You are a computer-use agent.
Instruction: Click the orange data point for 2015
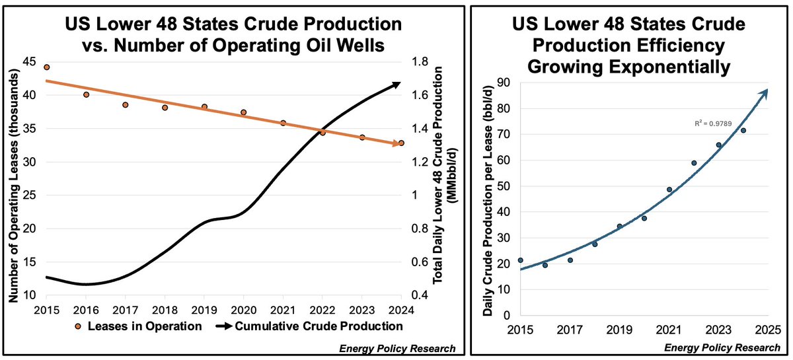pos(46,67)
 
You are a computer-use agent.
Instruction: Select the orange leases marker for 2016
pos(86,94)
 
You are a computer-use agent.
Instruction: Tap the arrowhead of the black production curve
pos(398,83)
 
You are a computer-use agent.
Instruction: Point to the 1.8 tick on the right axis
pos(420,61)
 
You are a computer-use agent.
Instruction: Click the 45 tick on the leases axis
pos(31,61)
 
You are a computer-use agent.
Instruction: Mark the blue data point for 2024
pos(743,131)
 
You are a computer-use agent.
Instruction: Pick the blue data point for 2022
pos(694,163)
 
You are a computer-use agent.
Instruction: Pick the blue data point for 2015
pos(521,260)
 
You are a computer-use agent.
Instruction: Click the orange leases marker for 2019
pos(204,107)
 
